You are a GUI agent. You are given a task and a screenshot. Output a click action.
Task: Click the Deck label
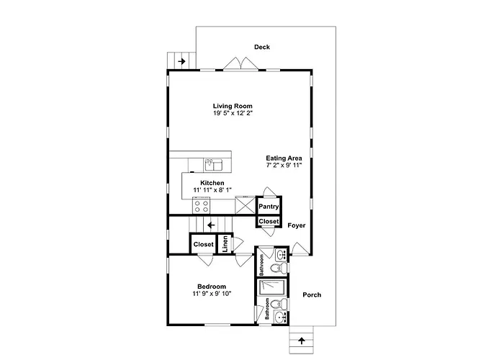[262, 47]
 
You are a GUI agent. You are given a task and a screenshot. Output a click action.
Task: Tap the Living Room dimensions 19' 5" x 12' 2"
[233, 113]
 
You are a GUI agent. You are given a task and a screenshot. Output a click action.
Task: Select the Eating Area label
[284, 158]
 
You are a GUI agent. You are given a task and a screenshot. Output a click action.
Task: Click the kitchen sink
[214, 165]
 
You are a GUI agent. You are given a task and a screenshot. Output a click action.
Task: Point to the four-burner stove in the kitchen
[201, 206]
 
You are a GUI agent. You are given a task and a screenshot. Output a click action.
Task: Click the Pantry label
[269, 207]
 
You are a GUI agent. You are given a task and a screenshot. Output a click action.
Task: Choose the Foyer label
[297, 225]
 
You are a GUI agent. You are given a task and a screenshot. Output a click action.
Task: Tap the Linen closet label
[225, 243]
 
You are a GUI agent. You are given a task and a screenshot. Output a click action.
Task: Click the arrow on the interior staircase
[211, 225]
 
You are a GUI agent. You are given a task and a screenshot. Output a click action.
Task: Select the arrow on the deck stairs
[182, 61]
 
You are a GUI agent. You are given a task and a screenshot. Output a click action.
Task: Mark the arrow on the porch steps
[301, 341]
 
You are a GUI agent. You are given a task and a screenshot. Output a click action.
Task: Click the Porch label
[312, 294]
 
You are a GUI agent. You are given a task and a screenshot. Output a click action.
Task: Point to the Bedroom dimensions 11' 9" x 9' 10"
[212, 294]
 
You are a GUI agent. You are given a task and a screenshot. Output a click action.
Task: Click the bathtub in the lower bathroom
[272, 287]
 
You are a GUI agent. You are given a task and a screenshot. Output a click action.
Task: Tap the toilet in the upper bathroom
[279, 267]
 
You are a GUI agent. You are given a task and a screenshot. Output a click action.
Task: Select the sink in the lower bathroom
[281, 318]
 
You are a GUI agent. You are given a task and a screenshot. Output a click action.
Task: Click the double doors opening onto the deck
[240, 63]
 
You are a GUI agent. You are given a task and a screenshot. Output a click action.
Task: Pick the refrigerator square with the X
[246, 205]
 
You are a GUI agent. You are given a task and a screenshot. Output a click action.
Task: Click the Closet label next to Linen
[204, 244]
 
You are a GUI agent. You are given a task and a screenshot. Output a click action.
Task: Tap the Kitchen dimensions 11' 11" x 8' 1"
[212, 190]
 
